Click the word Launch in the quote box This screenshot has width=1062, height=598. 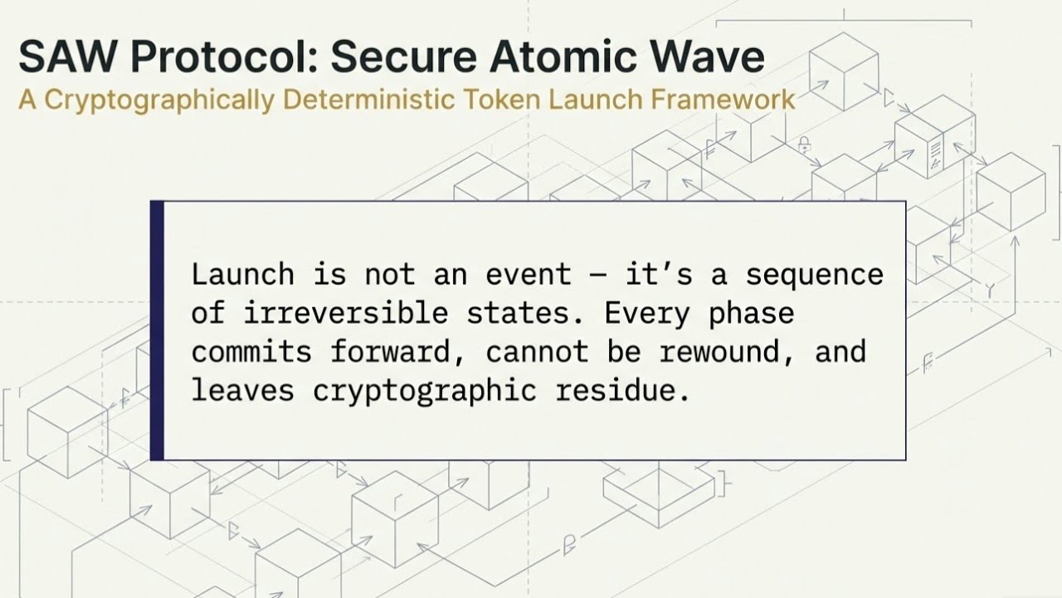(242, 274)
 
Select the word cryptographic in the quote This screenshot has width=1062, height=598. (424, 390)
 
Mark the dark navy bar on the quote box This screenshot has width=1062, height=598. (157, 330)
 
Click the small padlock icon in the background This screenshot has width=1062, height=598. (804, 146)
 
